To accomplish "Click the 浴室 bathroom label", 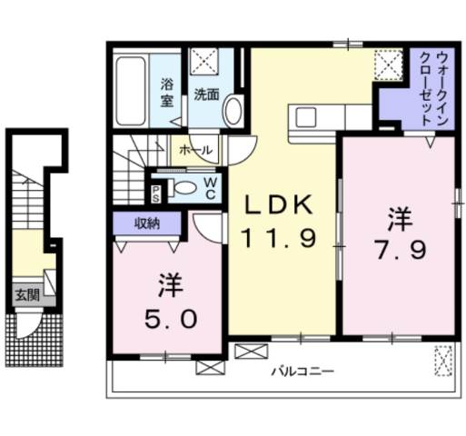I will pyautogui.click(x=168, y=92).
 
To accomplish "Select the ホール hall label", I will pyautogui.click(x=196, y=149).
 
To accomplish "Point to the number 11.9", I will pyautogui.click(x=280, y=238).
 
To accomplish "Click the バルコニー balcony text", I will pyautogui.click(x=303, y=372).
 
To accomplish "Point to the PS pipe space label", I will pyautogui.click(x=156, y=191).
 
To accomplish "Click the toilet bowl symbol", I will pyautogui.click(x=184, y=189).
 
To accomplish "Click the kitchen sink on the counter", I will pyautogui.click(x=303, y=117).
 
